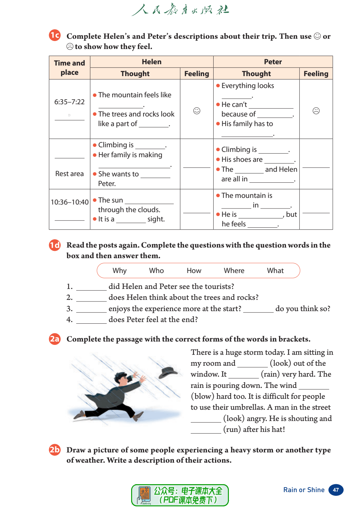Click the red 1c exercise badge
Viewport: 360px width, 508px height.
[55, 35]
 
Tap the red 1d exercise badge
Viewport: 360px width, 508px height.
[55, 245]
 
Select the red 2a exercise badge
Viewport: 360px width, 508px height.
[55, 339]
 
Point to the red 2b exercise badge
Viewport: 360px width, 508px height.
[55, 450]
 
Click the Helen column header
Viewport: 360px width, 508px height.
[152, 62]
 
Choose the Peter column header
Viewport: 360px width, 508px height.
[273, 62]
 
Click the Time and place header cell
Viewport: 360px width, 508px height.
[70, 68]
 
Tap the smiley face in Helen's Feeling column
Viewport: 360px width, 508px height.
[197, 111]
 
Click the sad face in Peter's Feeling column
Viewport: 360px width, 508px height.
[316, 111]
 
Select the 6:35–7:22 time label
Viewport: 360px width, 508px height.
[70, 102]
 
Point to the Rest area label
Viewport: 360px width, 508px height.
[70, 174]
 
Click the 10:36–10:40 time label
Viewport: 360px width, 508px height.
[70, 202]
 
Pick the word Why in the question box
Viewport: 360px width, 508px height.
[120, 271]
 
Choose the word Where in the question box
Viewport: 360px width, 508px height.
[234, 271]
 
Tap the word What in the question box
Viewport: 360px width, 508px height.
[275, 271]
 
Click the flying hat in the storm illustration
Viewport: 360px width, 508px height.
[169, 373]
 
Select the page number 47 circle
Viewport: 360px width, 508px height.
[336, 490]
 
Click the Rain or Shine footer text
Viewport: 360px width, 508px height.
[304, 490]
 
